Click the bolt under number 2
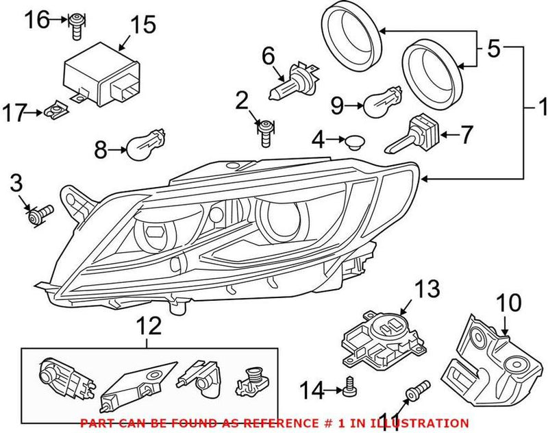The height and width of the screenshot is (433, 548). [265, 131]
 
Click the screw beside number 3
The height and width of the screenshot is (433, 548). [41, 214]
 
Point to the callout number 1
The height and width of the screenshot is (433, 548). [540, 108]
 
